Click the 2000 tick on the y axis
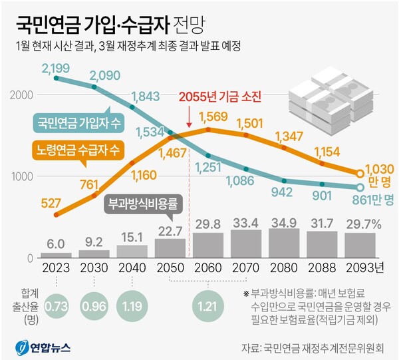pos(21,94)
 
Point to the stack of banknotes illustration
pos(324,102)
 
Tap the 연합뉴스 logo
pos(43,346)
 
